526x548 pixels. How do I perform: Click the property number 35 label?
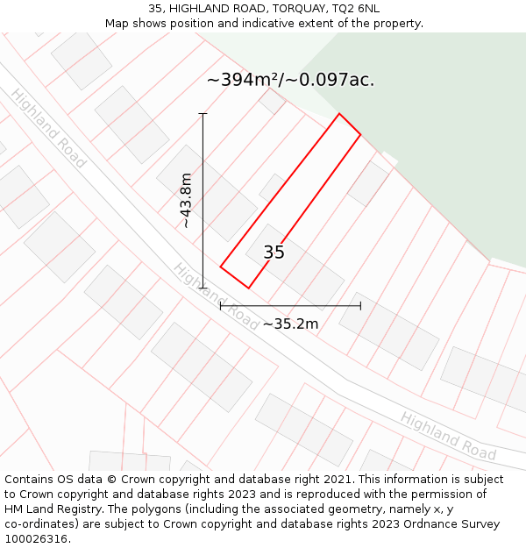click(x=274, y=253)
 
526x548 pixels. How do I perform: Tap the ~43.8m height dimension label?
click(x=186, y=201)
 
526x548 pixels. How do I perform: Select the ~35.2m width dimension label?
click(x=290, y=324)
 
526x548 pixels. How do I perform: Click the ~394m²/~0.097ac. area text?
click(x=290, y=80)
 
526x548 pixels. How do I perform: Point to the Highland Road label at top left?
click(x=48, y=128)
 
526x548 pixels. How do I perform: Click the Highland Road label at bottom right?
click(x=448, y=436)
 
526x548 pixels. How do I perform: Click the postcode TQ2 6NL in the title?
click(x=356, y=9)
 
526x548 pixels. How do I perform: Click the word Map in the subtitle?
click(x=117, y=24)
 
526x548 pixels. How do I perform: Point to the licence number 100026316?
click(x=36, y=538)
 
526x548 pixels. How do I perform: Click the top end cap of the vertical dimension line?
click(x=203, y=114)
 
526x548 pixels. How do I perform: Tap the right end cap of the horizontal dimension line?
click(x=360, y=306)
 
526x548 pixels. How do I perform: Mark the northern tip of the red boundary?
click(x=339, y=114)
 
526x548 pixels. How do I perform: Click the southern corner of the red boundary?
click(x=248, y=288)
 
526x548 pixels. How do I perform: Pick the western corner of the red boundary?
click(x=220, y=267)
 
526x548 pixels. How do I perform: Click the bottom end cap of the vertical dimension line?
click(x=203, y=288)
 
